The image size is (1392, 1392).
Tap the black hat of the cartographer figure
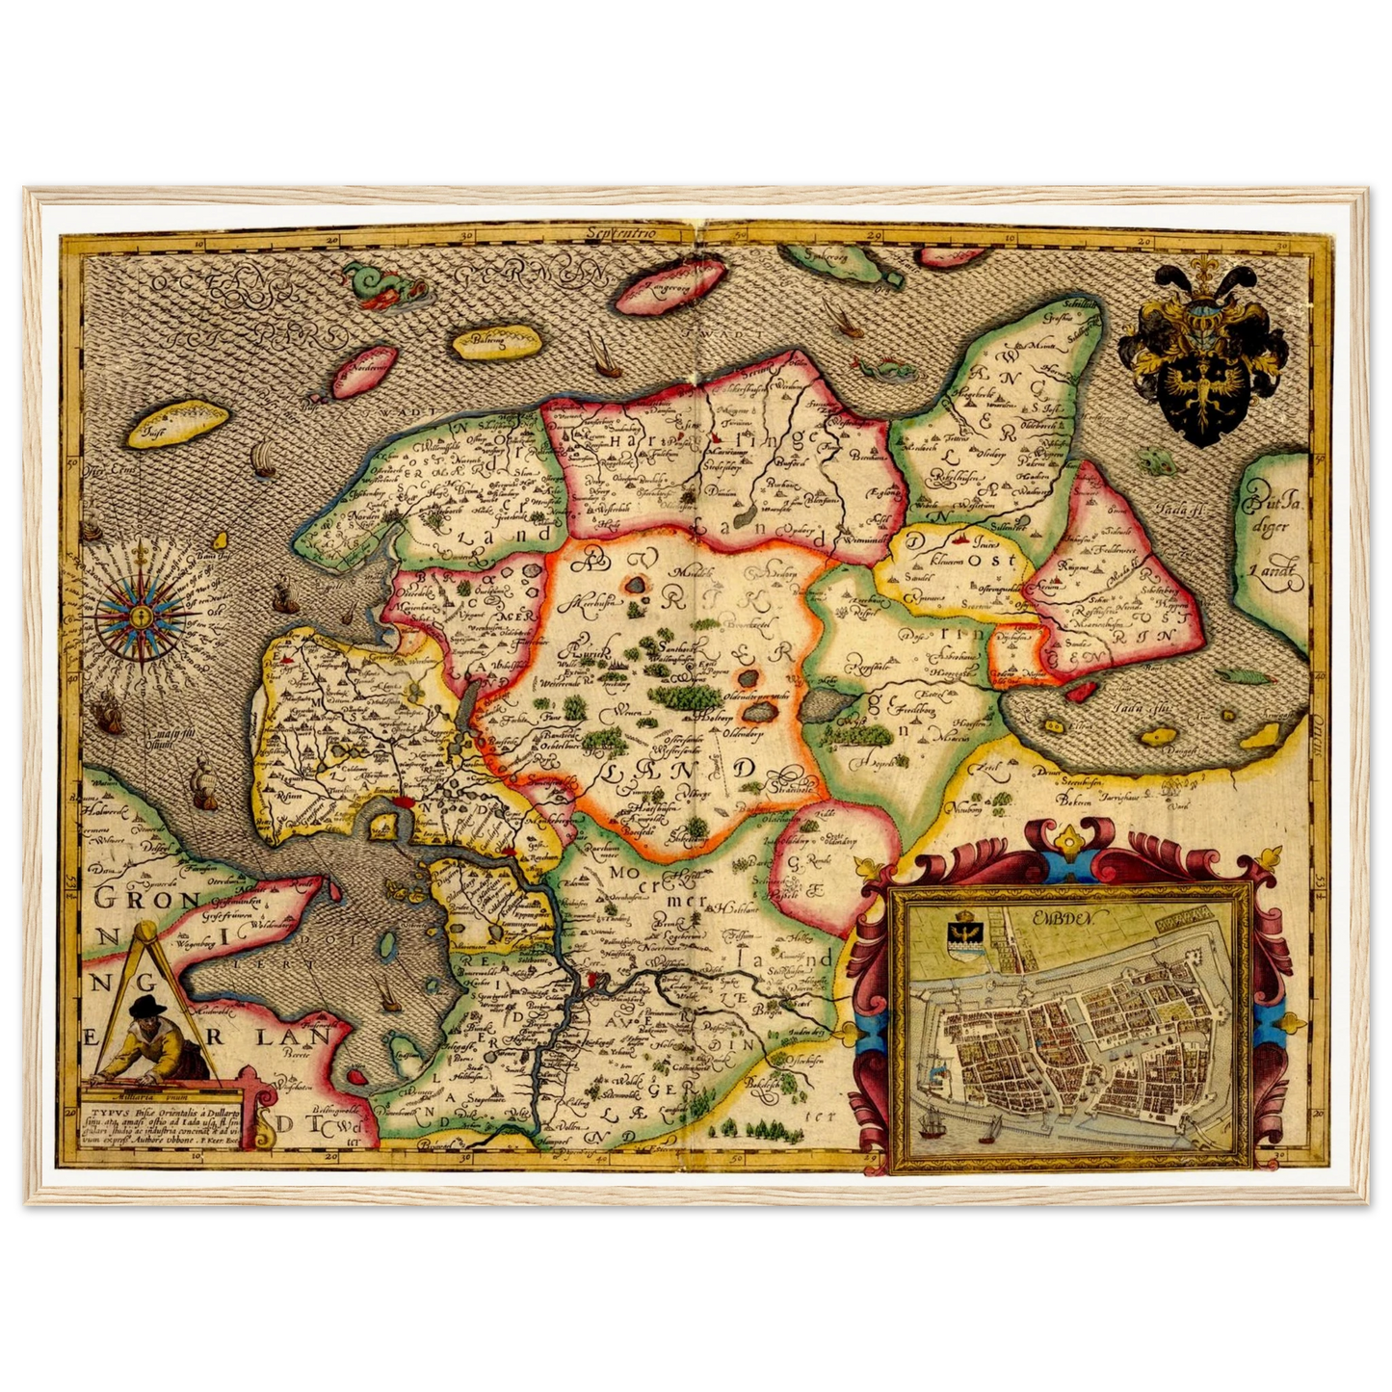pos(148,1008)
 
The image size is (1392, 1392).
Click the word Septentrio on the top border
pos(634,234)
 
